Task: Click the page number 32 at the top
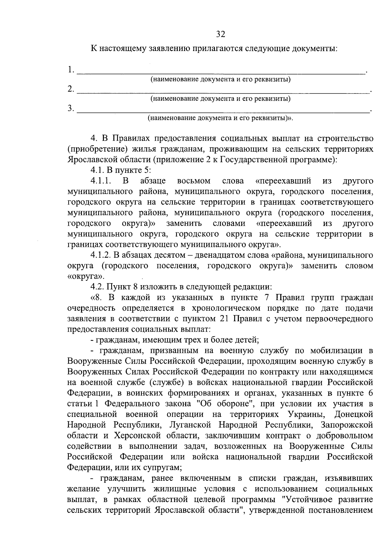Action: pyautogui.click(x=220, y=34)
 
